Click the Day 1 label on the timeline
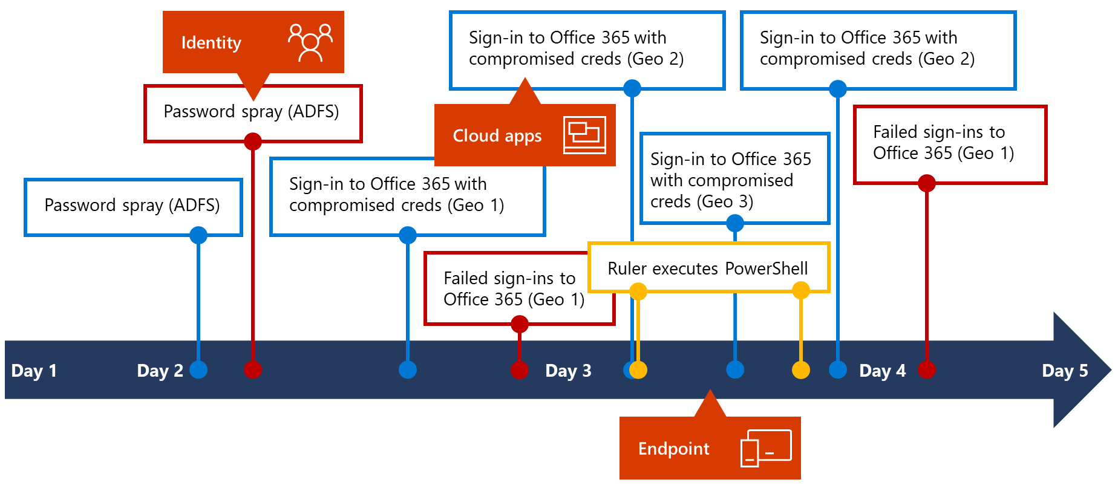pyautogui.click(x=34, y=371)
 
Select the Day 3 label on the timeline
pyautogui.click(x=568, y=371)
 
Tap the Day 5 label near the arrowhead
pyautogui.click(x=1065, y=371)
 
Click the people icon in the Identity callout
pyautogui.click(x=310, y=42)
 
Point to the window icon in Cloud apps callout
pyautogui.click(x=584, y=135)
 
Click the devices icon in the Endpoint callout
pyautogui.click(x=766, y=448)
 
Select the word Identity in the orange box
pyautogui.click(x=211, y=43)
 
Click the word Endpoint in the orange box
pyautogui.click(x=673, y=449)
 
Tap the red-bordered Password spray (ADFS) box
pyautogui.click(x=252, y=112)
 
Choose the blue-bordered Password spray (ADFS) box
pyautogui.click(x=132, y=206)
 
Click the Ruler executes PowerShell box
pyautogui.click(x=708, y=268)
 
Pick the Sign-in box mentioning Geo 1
pyautogui.click(x=396, y=195)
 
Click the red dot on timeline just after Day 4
pyautogui.click(x=927, y=369)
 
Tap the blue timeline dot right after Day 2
pyautogui.click(x=198, y=369)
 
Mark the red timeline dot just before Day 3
pyautogui.click(x=519, y=369)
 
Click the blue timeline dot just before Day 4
pyautogui.click(x=838, y=369)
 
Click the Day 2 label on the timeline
pyautogui.click(x=160, y=371)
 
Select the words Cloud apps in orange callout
pyautogui.click(x=497, y=136)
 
